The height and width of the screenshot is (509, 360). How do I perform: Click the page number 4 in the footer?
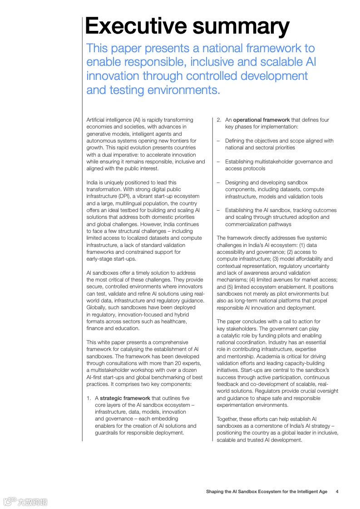tap(337, 491)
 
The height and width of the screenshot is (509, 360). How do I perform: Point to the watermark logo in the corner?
tap(25, 502)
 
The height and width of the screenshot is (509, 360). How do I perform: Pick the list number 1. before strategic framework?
tap(89, 398)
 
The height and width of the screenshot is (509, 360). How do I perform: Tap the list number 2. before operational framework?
tap(219, 120)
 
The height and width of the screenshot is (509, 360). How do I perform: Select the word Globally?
tap(96, 307)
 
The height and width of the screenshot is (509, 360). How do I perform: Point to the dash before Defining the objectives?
tap(218, 141)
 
